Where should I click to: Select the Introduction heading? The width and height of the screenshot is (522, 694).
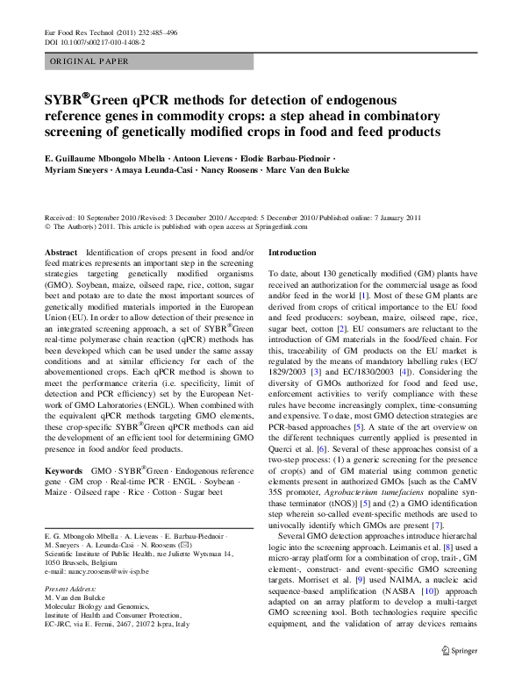coord(297,252)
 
